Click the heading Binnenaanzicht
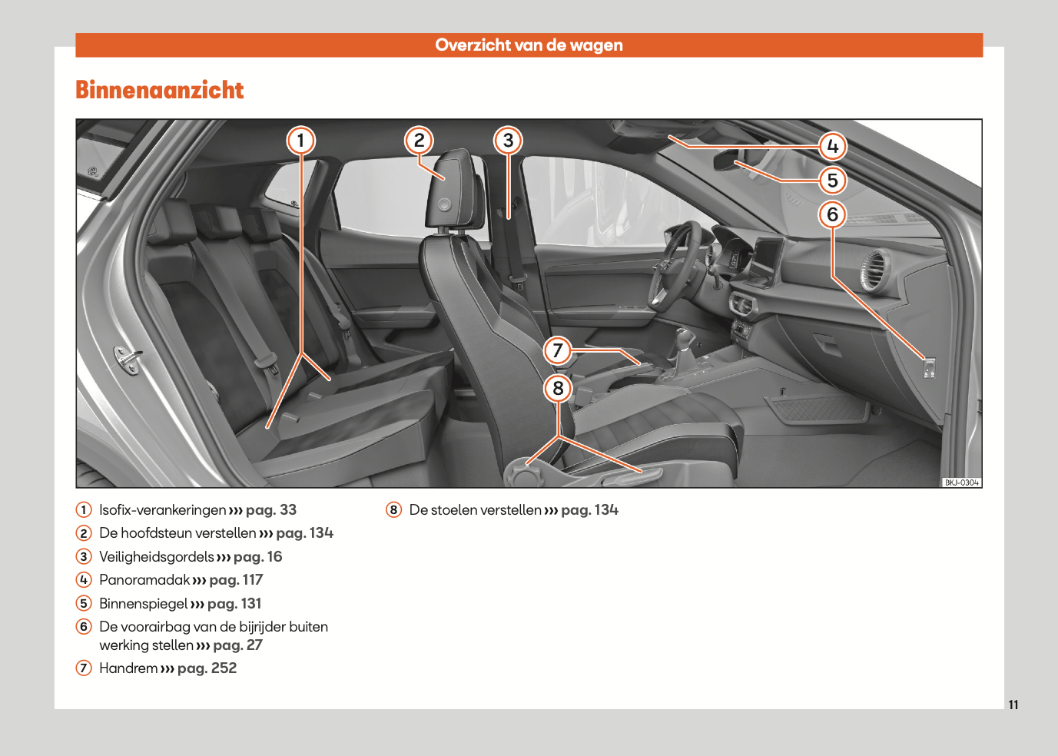click(x=160, y=90)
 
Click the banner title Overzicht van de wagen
click(x=529, y=45)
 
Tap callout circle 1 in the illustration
click(x=300, y=140)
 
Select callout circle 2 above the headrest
click(x=419, y=140)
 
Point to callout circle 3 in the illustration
click(x=508, y=140)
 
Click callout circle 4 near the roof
click(x=832, y=146)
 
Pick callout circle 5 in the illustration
click(x=832, y=181)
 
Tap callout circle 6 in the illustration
click(x=832, y=214)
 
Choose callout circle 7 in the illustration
click(x=558, y=351)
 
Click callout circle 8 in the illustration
click(x=558, y=388)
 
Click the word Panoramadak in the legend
click(x=144, y=580)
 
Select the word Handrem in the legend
click(x=128, y=668)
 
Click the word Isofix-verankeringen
click(x=163, y=510)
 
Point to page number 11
click(x=1013, y=705)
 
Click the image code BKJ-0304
click(x=961, y=482)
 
